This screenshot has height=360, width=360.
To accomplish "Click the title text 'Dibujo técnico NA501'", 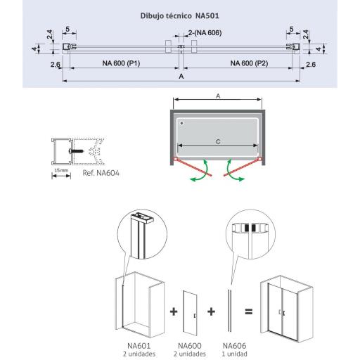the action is point(180,15).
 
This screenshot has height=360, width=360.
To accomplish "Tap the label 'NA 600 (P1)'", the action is point(121,63).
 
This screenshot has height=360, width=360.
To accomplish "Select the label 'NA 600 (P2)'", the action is point(249,63).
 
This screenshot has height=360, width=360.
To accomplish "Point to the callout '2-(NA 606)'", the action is point(205,33).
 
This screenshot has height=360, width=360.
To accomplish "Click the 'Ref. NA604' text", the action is point(101,173).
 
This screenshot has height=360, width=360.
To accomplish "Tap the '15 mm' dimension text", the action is point(61,170).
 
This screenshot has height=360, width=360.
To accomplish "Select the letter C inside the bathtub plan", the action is point(218,142).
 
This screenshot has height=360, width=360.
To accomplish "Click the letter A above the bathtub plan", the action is point(218,96).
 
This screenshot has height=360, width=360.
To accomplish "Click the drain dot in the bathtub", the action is point(181,123).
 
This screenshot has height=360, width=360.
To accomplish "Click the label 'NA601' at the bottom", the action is point(139,346).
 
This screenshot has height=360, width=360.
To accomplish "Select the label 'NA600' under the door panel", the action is point(190,346).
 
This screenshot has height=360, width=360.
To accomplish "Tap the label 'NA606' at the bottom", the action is point(234,346).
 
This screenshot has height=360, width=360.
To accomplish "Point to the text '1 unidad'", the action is point(234,354).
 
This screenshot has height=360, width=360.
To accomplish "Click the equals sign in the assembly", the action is point(249,311).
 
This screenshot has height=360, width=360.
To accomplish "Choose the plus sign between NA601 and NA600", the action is point(174,311).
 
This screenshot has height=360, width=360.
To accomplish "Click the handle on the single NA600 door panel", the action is point(195,316).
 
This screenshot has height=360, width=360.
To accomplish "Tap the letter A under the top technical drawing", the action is point(181,76).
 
